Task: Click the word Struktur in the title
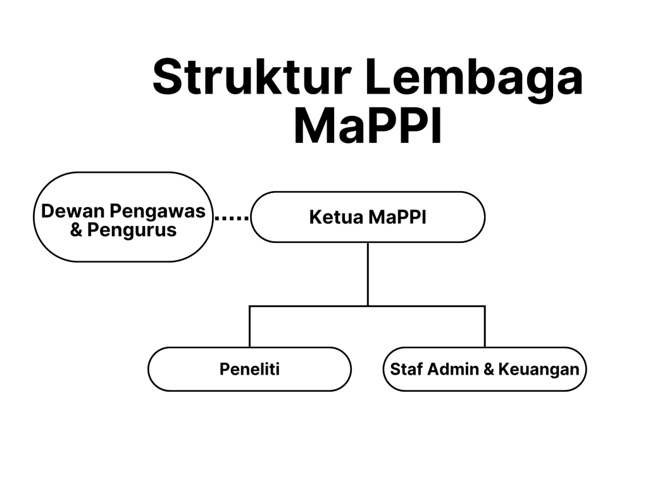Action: [252, 77]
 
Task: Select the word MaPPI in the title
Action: [368, 125]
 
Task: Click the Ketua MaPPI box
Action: [368, 217]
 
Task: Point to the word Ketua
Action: [336, 217]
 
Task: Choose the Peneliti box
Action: [249, 369]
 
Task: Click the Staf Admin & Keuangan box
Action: [485, 369]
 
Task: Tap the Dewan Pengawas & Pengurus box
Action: [123, 217]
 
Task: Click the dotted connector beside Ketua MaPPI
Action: [232, 218]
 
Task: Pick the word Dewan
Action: [73, 211]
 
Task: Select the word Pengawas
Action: [158, 211]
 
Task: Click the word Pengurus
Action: [132, 230]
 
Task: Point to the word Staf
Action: [406, 369]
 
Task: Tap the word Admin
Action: [453, 369]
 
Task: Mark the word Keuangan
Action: [539, 370]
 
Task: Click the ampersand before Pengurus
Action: [76, 230]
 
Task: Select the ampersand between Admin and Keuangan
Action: [489, 369]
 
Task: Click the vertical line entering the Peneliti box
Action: [249, 327]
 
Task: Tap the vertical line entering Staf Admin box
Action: [485, 327]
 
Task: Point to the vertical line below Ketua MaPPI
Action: [368, 274]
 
